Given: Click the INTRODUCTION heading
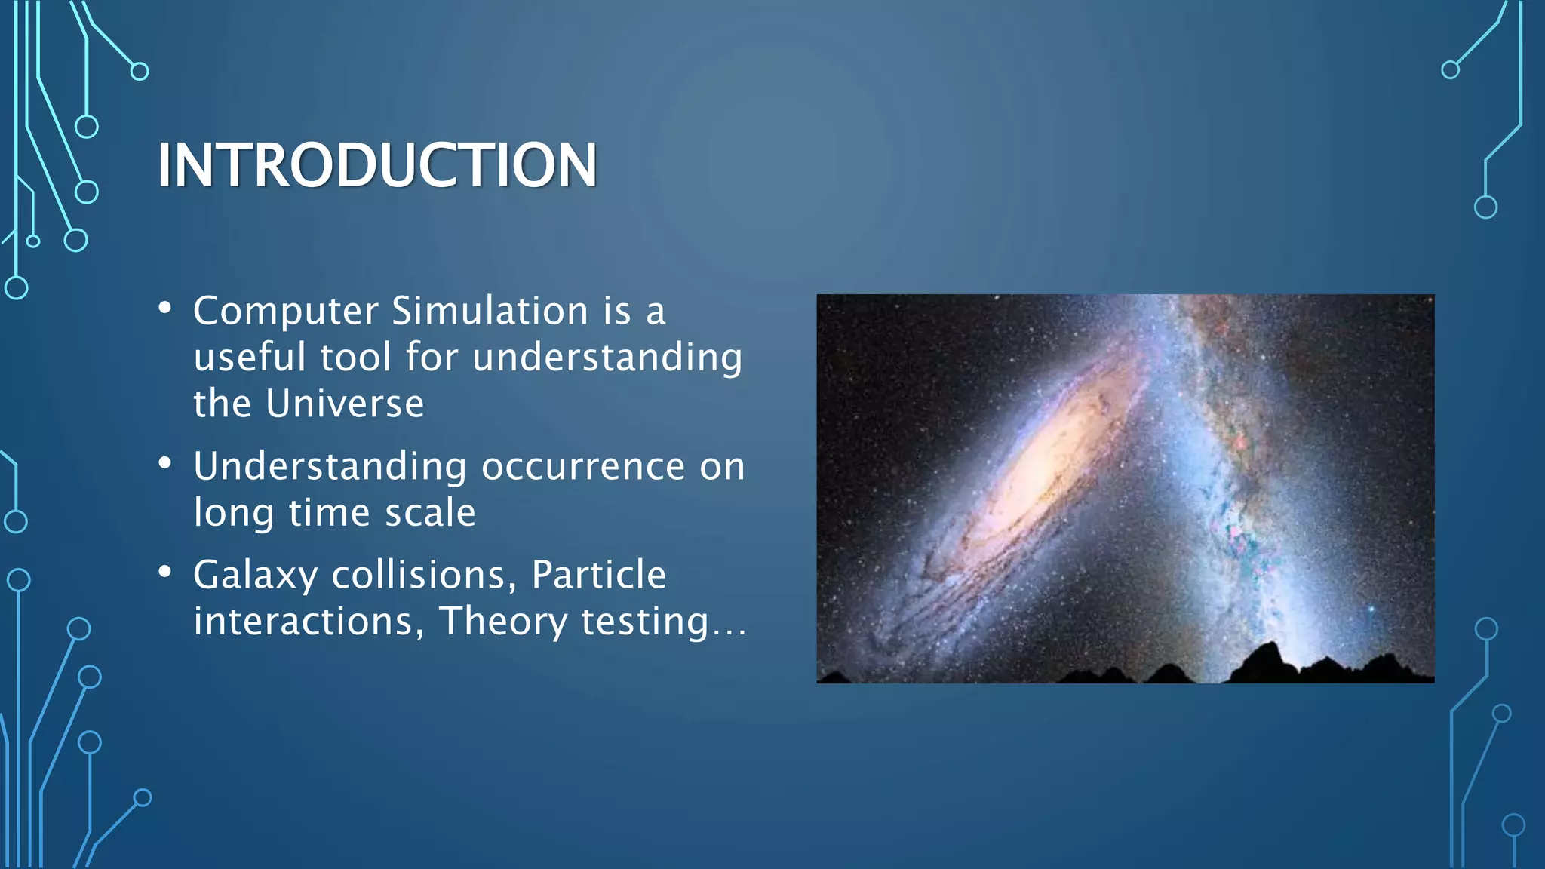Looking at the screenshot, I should [x=377, y=165].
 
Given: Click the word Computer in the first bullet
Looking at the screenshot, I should [x=285, y=312].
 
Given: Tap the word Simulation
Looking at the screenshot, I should [x=490, y=312].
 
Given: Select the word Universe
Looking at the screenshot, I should [x=345, y=404].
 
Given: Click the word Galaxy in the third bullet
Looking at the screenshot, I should [x=255, y=576].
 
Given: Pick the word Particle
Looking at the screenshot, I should [x=598, y=575].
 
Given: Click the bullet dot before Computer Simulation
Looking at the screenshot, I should [x=165, y=308].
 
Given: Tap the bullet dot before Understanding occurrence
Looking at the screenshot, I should [x=165, y=463].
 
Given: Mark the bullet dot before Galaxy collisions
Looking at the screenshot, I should [x=165, y=572].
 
